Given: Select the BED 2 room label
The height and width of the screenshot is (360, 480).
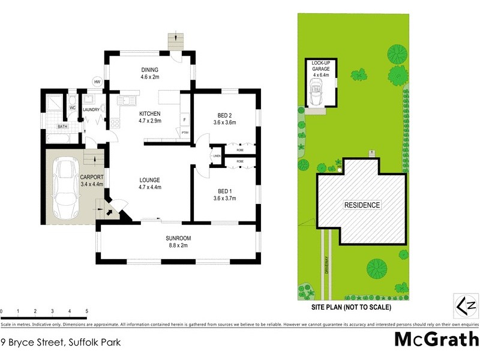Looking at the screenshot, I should point(225,118).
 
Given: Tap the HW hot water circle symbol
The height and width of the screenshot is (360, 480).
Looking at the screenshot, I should point(97,82).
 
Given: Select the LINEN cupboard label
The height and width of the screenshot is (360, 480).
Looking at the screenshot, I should point(216,157).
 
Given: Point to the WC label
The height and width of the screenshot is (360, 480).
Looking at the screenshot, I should point(72,108).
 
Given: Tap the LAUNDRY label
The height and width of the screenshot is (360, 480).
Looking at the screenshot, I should point(91,109).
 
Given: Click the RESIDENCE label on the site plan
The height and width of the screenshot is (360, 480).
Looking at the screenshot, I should point(362,205).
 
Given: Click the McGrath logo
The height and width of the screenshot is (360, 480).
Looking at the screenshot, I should point(437,339).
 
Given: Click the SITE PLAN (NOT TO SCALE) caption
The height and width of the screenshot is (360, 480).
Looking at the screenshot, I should point(351,307).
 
